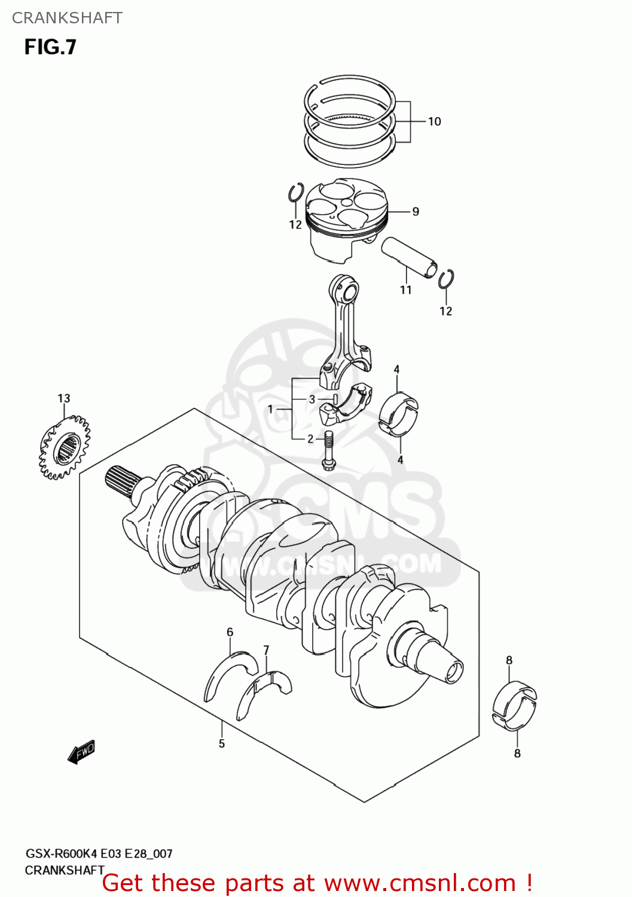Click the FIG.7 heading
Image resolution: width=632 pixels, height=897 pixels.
[x=50, y=47]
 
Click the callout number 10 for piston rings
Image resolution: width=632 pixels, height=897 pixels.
[x=435, y=121]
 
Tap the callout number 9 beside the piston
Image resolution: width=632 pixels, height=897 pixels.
[x=416, y=212]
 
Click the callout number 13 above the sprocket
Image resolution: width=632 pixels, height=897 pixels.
[x=64, y=398]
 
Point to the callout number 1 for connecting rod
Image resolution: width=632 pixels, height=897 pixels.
[x=270, y=410]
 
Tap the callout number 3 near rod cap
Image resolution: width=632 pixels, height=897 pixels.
[x=312, y=399]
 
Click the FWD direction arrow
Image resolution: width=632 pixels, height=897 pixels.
[x=81, y=752]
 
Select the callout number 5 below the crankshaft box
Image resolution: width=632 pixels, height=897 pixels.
[x=222, y=744]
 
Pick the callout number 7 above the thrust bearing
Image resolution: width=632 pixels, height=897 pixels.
[x=266, y=650]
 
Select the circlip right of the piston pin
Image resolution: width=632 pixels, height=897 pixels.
[x=445, y=279]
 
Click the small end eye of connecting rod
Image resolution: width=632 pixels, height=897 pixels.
[x=347, y=292]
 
